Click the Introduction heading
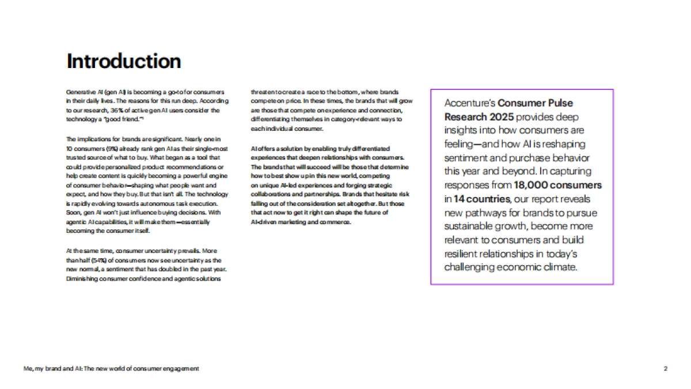pos(124,61)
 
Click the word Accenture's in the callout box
pos(469,103)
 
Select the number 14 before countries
pos(460,199)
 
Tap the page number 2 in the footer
pos(665,368)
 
